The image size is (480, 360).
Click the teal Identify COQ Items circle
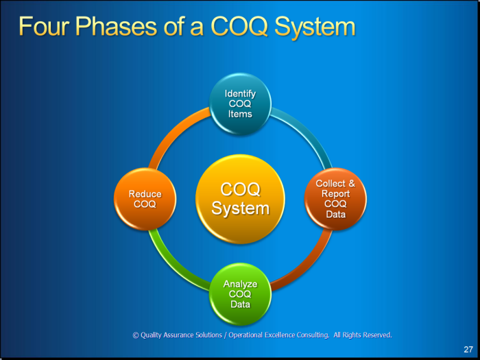click(x=240, y=104)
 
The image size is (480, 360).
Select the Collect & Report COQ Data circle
click(x=335, y=199)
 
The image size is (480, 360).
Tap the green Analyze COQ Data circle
click(x=240, y=294)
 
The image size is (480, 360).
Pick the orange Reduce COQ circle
click(x=145, y=199)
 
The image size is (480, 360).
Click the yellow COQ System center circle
click(x=240, y=199)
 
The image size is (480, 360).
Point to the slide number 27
click(x=468, y=349)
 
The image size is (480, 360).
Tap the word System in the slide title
click(x=315, y=27)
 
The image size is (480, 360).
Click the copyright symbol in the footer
click(x=136, y=335)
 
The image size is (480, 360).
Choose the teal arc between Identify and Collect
click(x=307, y=132)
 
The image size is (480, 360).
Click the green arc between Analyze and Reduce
click(x=173, y=266)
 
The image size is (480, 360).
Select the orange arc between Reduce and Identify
click(x=173, y=132)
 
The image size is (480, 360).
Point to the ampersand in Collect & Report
click(x=352, y=183)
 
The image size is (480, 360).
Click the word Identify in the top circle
click(x=240, y=94)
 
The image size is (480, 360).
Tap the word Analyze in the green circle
click(x=240, y=284)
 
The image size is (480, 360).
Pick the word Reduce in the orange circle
click(x=145, y=194)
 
